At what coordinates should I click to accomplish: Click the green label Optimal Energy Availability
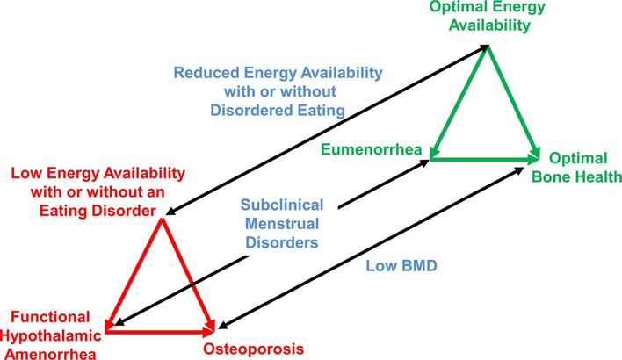[487, 16]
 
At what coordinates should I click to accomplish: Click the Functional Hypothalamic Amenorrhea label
[51, 335]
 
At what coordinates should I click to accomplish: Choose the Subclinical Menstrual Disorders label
[282, 222]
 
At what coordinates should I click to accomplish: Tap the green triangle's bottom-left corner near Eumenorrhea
[431, 158]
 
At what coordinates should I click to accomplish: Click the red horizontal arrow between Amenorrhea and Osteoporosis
[158, 332]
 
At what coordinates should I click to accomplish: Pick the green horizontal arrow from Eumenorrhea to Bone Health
[483, 159]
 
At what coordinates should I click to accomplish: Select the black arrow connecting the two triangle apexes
[325, 132]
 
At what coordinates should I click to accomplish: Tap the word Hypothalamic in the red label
[51, 335]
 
